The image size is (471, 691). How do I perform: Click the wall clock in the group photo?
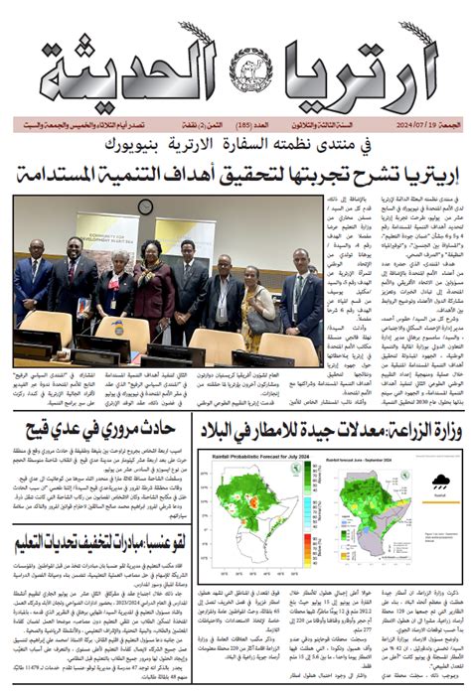(145, 206)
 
